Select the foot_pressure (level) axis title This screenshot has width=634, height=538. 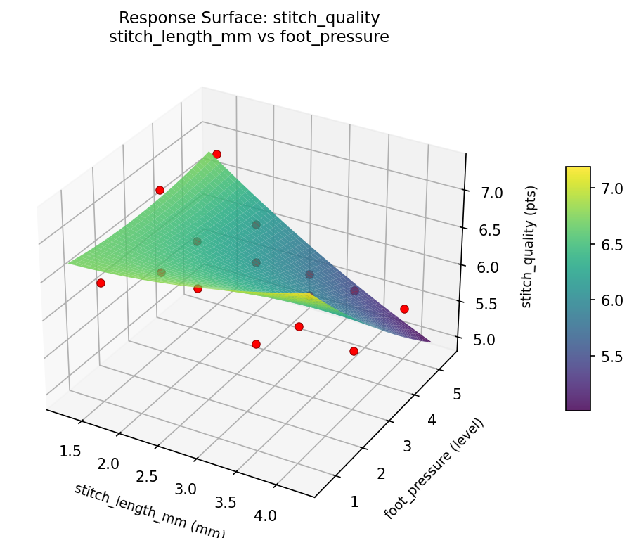click(434, 468)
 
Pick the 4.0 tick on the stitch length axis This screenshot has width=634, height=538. click(265, 515)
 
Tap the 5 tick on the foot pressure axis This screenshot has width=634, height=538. click(457, 395)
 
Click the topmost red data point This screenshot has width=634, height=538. click(216, 154)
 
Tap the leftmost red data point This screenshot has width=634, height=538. click(101, 283)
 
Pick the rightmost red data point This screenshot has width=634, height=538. click(404, 309)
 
